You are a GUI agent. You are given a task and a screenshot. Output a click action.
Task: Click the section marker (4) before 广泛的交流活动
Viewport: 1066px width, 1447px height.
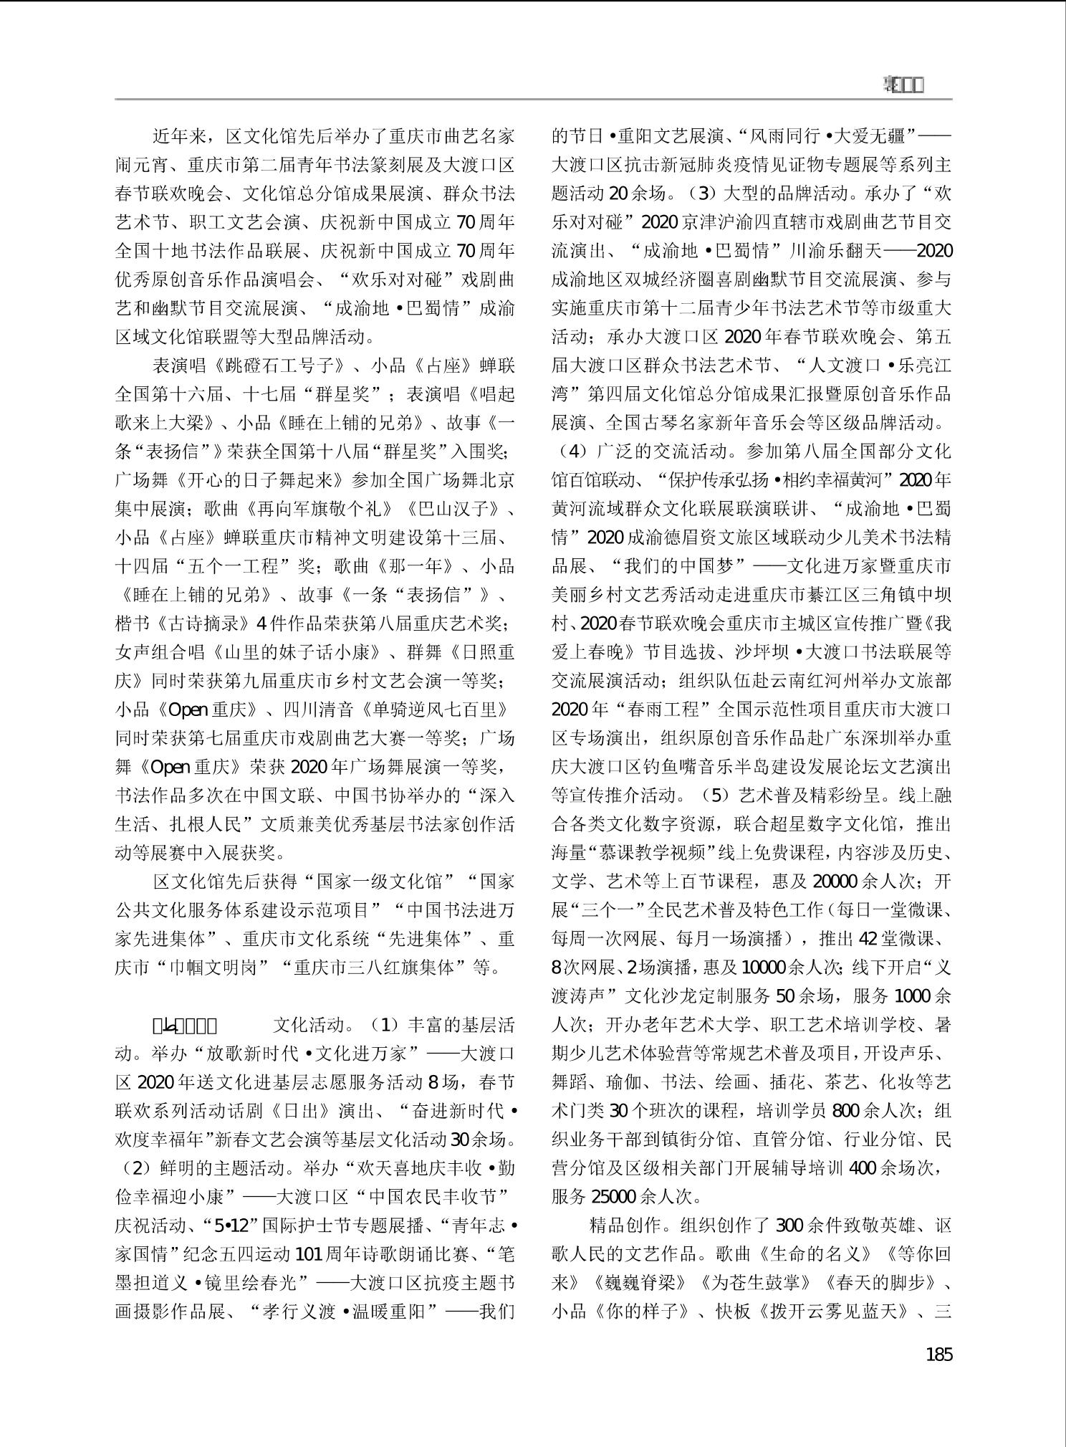point(571,452)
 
